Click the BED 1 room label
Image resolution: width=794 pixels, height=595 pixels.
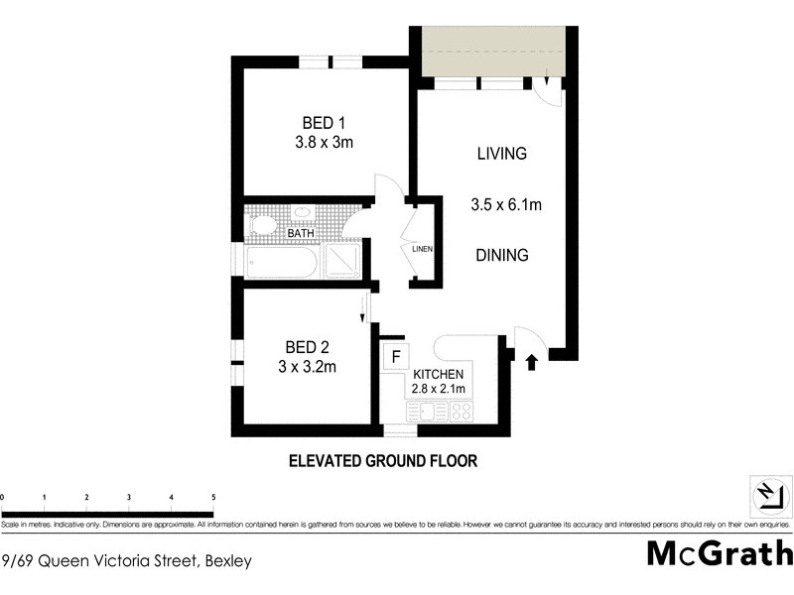(x=324, y=123)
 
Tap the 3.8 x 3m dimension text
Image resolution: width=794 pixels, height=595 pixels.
(x=324, y=143)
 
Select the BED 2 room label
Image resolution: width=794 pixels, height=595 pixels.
(x=307, y=347)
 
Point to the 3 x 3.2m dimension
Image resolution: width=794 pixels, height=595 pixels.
(x=308, y=367)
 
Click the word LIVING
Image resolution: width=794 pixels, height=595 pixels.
(x=501, y=154)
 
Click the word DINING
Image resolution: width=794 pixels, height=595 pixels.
(x=501, y=255)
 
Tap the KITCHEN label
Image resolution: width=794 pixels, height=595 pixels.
(x=439, y=374)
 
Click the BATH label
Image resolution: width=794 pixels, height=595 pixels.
(x=301, y=234)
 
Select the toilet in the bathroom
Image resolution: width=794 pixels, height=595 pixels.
(x=262, y=225)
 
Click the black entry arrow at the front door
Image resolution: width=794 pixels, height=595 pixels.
(x=531, y=361)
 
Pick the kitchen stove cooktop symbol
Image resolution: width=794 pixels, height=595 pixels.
(x=462, y=411)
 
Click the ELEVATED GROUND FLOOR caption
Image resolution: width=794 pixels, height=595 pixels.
(x=383, y=461)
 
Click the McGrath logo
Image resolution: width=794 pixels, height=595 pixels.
(x=719, y=552)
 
